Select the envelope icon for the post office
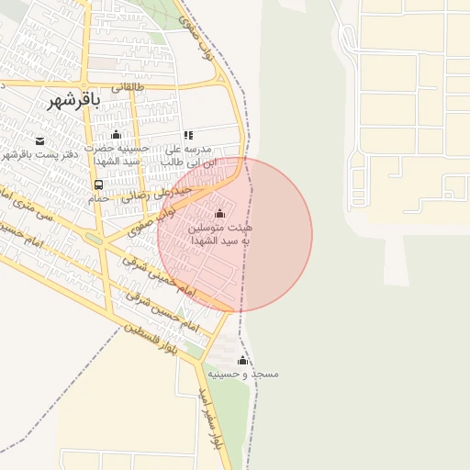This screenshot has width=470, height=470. pyautogui.click(x=39, y=140)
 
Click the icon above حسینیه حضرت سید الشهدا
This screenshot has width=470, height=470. pyautogui.click(x=117, y=135)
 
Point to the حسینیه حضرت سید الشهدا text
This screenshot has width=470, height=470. pyautogui.click(x=115, y=154)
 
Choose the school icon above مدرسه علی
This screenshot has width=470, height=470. pyautogui.click(x=188, y=135)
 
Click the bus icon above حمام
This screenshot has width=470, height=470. pyautogui.click(x=98, y=184)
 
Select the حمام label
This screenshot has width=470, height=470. pyautogui.click(x=99, y=197)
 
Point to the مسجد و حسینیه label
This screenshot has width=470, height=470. pyautogui.click(x=242, y=374)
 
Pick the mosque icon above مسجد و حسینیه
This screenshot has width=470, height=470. pyautogui.click(x=242, y=360)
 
